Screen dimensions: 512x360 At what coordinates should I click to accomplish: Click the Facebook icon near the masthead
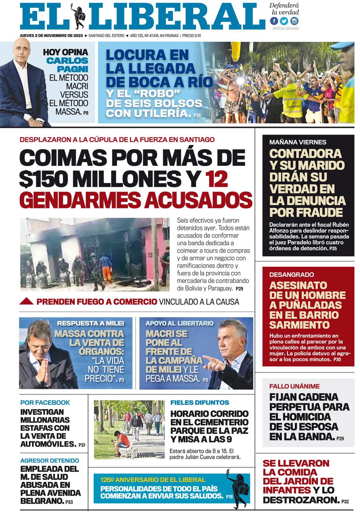point(274,21)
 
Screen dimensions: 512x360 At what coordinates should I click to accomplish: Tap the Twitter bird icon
point(284,21)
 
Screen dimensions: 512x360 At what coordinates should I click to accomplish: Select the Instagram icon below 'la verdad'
point(294,21)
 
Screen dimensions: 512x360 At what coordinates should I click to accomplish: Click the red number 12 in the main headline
point(216,179)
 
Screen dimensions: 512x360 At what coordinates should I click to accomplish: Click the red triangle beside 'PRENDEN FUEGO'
point(27,302)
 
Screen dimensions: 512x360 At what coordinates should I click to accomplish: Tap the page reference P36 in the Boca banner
point(197,115)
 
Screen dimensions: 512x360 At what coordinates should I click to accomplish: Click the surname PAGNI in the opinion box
point(73,69)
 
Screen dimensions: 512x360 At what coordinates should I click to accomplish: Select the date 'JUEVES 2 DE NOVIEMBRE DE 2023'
point(51,35)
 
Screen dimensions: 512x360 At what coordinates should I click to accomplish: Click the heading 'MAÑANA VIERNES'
point(298,142)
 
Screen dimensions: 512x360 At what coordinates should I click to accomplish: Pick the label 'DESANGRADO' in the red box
point(292,274)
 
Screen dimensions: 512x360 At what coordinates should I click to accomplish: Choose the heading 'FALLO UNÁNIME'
point(294,386)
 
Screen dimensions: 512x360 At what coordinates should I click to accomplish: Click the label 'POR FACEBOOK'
point(45,402)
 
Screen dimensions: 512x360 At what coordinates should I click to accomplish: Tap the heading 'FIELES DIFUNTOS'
point(200,402)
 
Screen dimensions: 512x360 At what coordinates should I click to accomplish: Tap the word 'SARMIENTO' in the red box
point(299,325)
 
